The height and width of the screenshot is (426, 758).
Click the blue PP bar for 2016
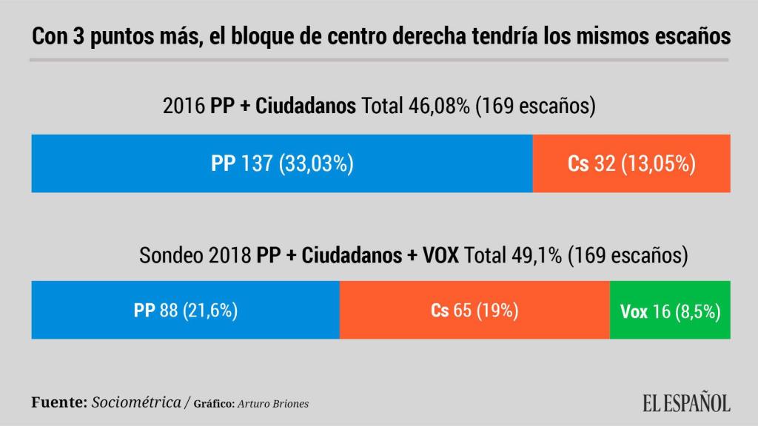(282, 163)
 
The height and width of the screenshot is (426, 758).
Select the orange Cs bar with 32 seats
(631, 163)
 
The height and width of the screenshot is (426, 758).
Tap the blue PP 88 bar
(185, 310)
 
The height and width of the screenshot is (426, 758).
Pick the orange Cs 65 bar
(474, 310)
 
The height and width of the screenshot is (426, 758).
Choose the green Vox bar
(670, 311)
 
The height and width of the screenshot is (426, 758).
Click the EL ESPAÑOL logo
(685, 403)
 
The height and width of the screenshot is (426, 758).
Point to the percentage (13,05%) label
(658, 164)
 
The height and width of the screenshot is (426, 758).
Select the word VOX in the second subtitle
(440, 255)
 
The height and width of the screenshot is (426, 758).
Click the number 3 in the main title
(78, 36)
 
